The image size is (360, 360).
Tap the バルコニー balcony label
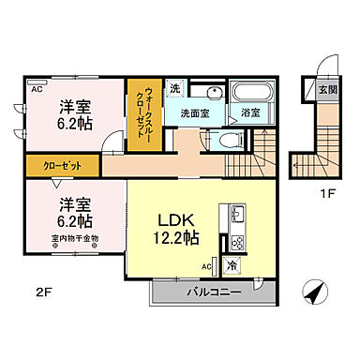click(x=215, y=292)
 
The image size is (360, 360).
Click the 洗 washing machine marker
click(x=175, y=89)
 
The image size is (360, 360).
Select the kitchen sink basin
click(x=235, y=211)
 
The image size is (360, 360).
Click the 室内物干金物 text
click(x=75, y=239)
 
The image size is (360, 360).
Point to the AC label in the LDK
click(x=206, y=266)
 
